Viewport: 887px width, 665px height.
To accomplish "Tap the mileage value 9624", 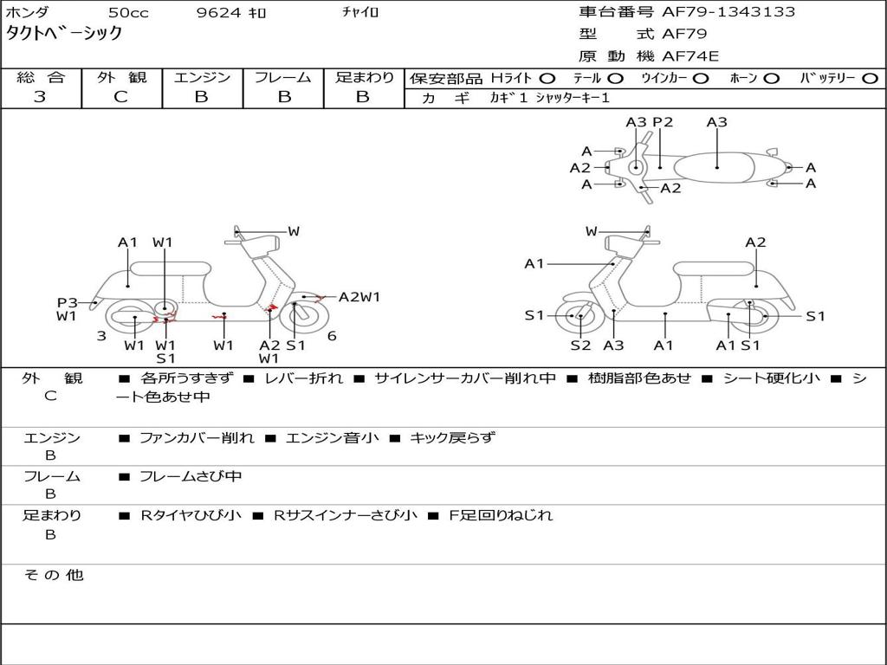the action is [x=222, y=13].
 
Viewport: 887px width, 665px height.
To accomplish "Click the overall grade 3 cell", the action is [x=40, y=97].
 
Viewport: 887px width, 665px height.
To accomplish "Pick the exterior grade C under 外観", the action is [x=121, y=97].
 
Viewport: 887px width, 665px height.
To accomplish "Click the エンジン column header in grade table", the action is [x=202, y=77].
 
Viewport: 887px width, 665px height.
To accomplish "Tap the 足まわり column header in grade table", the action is [x=364, y=77].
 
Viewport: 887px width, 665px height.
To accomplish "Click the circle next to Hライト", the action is [x=548, y=78].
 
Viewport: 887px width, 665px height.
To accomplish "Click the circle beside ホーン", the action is [x=772, y=78].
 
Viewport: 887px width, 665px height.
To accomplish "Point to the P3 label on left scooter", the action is [x=68, y=302].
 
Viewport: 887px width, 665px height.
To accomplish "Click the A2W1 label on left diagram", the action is [x=359, y=297].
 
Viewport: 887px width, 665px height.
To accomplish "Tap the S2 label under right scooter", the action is [x=579, y=345].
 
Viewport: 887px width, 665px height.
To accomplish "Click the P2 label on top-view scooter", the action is [x=663, y=122].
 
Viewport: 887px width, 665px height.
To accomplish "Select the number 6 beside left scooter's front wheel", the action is [x=332, y=335].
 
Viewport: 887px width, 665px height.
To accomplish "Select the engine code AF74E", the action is [x=690, y=56].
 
